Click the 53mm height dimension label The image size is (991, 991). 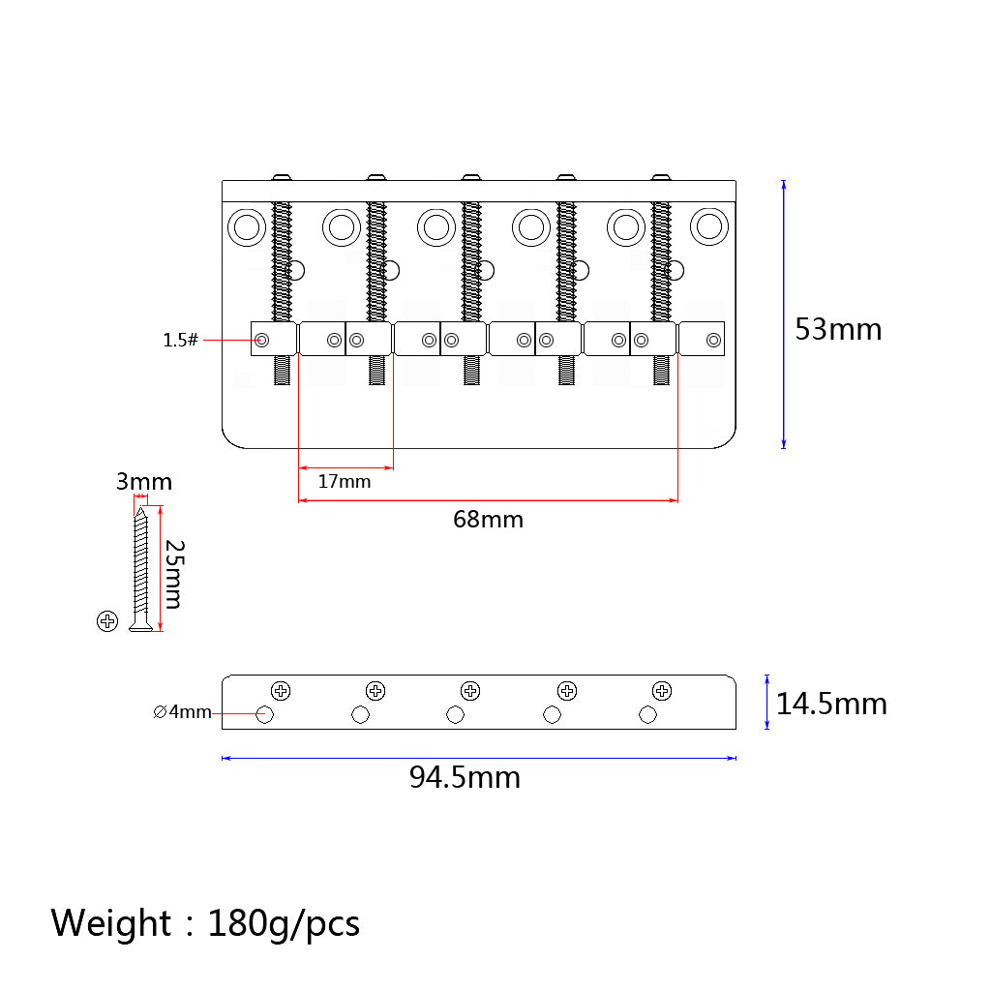point(838,329)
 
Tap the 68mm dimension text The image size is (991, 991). point(488,520)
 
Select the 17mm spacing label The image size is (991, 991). point(345,482)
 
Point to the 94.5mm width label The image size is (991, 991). point(465,777)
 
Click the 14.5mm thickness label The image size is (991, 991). point(831,705)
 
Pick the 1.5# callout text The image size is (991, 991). point(181,340)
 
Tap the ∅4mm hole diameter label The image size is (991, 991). point(182,711)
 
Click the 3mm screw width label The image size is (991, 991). point(144,482)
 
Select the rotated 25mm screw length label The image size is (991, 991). point(174,574)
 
